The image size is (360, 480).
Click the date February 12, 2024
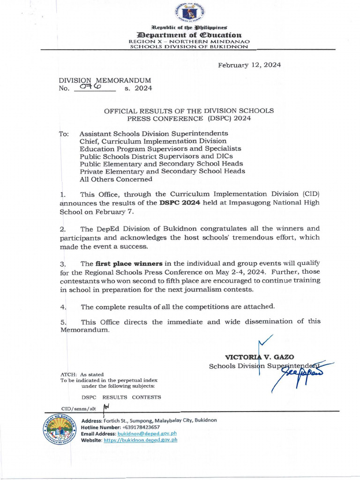249,65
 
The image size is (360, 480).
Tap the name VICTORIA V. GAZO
260,357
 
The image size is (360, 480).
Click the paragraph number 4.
63,307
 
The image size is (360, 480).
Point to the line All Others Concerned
116,179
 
